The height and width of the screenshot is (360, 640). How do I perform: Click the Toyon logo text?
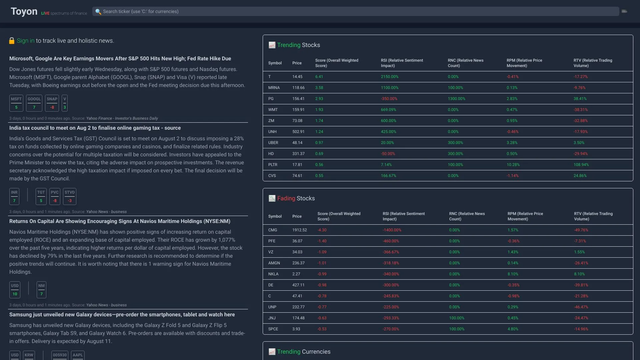point(24,11)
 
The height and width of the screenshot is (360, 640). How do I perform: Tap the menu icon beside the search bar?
point(624,11)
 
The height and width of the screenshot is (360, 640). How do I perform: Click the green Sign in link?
point(26,41)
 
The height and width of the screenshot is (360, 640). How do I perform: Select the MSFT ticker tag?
point(16,103)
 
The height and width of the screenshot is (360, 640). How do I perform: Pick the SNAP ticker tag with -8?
point(52,103)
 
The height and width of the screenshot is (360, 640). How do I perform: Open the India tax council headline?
point(95,128)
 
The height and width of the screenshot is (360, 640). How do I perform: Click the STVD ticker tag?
point(70,196)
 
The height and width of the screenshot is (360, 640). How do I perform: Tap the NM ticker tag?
point(41,290)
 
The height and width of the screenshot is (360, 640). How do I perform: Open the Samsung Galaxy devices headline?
point(122,315)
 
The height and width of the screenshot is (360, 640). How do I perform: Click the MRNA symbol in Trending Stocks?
point(274,88)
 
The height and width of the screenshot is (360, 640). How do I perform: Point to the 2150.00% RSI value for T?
point(390,77)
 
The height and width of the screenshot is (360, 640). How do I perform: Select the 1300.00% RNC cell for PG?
point(456,99)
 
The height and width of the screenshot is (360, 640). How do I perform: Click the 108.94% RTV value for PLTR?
point(581,165)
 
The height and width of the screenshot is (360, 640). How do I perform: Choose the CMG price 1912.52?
point(299,230)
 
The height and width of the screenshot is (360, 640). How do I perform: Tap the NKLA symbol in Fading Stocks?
point(273,274)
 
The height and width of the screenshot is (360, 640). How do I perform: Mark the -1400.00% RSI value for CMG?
point(392,230)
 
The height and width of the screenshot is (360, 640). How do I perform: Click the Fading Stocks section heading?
point(296,198)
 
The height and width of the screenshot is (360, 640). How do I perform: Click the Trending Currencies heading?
point(303,352)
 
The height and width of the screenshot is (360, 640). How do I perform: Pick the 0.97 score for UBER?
point(319,143)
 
